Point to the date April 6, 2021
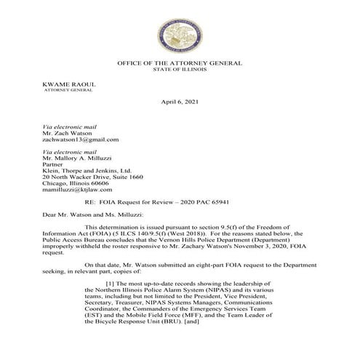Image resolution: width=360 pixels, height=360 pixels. (179, 105)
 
